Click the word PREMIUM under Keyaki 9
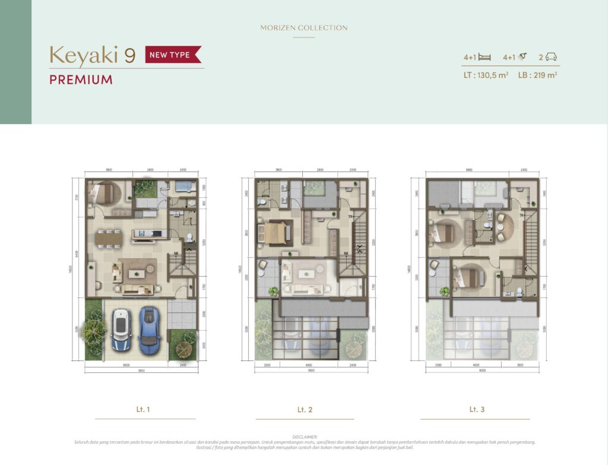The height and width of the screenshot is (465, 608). [x=81, y=80]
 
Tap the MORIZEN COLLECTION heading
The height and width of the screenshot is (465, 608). [x=304, y=28]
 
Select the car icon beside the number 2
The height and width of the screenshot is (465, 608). [x=552, y=57]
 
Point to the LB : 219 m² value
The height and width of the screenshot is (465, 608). [x=537, y=75]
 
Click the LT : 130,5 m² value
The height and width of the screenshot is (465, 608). [x=486, y=75]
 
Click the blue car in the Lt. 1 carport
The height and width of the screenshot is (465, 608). [x=150, y=330]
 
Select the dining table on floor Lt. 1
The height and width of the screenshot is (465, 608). [x=108, y=238]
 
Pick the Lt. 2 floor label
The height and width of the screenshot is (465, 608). [x=305, y=410]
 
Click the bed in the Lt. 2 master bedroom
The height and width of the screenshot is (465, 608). [x=275, y=232]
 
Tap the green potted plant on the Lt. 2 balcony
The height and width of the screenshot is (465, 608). [x=273, y=291]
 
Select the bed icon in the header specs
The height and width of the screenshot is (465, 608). [x=484, y=57]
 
